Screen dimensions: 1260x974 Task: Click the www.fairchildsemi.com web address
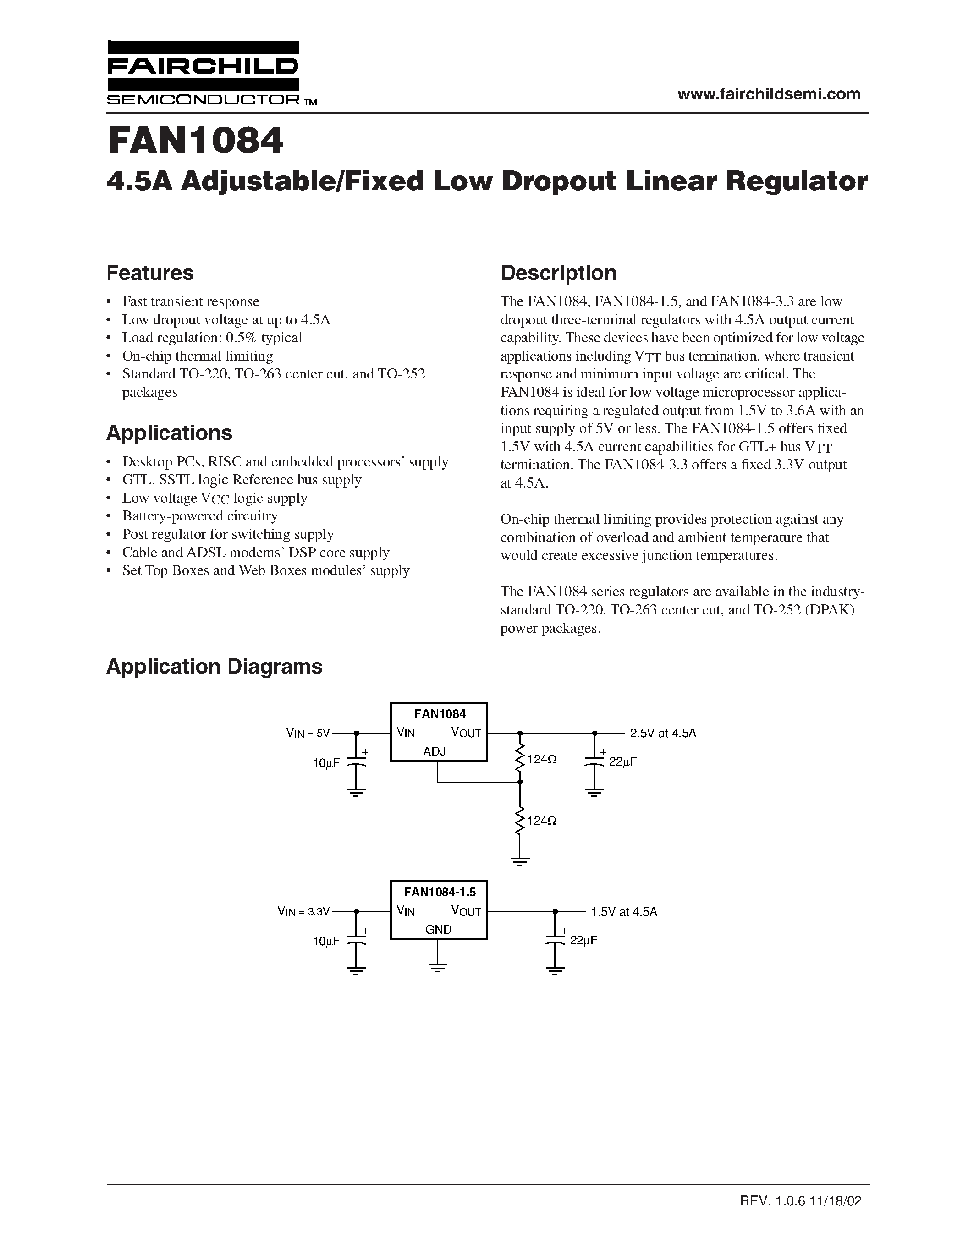coord(769,94)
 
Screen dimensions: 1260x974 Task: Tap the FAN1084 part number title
coord(196,141)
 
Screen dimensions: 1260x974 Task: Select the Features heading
coord(150,273)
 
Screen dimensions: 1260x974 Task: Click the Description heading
coord(558,273)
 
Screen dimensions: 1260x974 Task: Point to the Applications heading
coord(169,433)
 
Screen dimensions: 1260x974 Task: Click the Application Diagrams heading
coord(214,666)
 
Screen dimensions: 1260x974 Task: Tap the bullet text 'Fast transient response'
coord(190,302)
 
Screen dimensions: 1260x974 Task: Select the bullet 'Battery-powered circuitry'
coord(200,516)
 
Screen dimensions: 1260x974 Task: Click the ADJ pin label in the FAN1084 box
coord(434,751)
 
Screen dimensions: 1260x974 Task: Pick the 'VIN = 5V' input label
coord(308,733)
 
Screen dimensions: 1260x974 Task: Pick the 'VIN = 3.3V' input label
coord(303,911)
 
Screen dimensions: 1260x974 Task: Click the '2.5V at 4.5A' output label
coord(663,733)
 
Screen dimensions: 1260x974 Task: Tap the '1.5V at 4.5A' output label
coord(624,911)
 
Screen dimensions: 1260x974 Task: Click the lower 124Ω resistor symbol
coord(520,820)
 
